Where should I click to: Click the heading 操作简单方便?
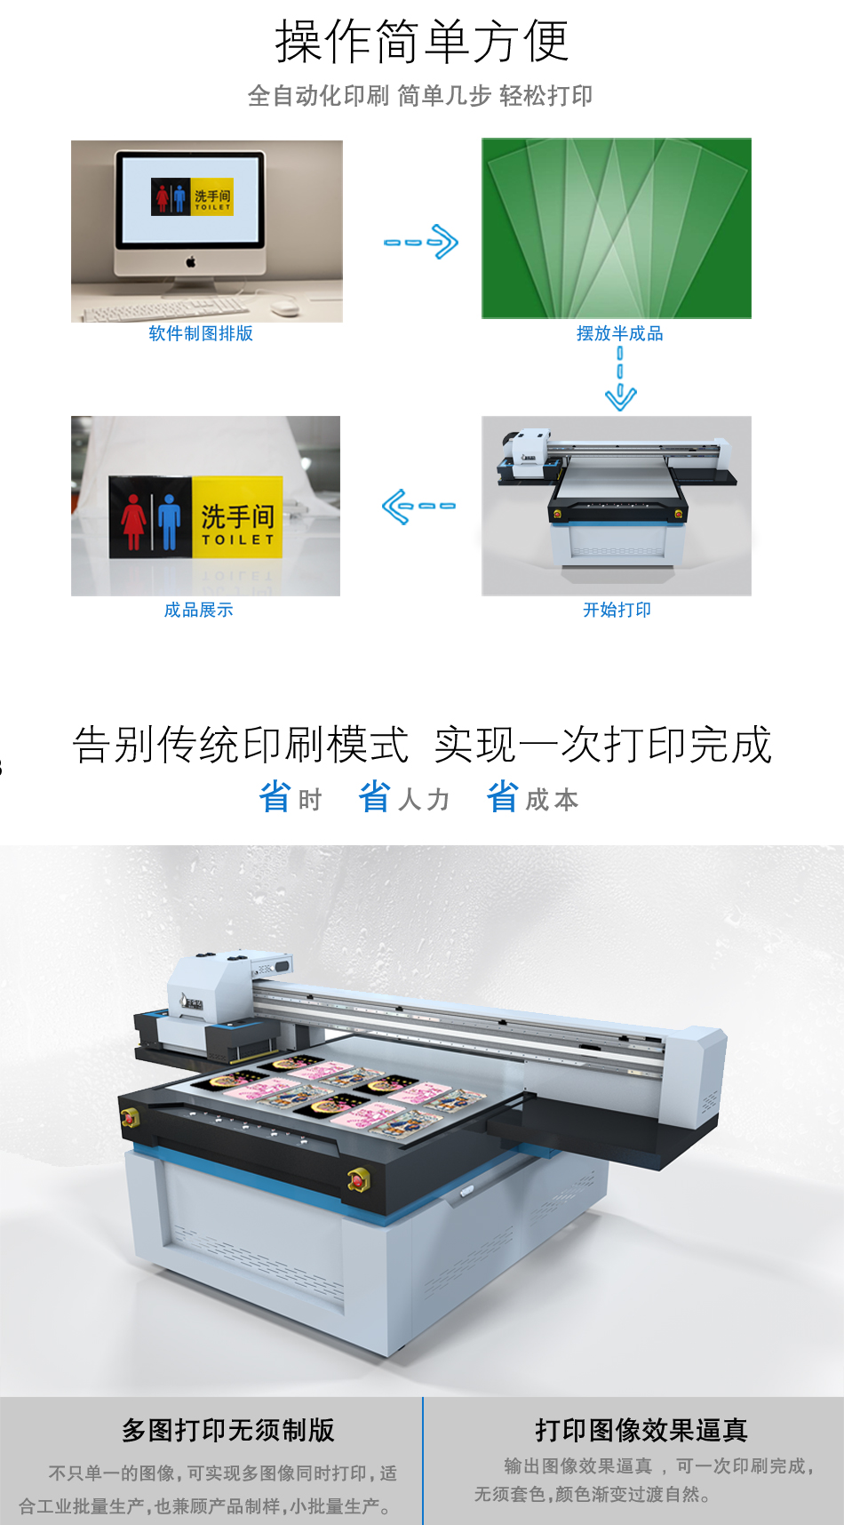pos(421,41)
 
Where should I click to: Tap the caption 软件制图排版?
pos(201,333)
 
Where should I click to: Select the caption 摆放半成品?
pos(619,333)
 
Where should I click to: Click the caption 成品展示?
pos(198,610)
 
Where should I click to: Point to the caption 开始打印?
pos(617,610)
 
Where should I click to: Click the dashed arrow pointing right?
pos(421,242)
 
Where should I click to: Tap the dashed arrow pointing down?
pos(620,379)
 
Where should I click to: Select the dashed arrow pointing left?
pos(418,507)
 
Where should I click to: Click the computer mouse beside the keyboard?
pos(284,307)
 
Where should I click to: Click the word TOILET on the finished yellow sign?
pos(237,539)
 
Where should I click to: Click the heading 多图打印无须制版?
pos(228,1430)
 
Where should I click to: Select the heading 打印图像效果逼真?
pos(641,1430)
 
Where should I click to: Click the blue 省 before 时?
pos(275,797)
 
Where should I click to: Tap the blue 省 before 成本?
pos(502,797)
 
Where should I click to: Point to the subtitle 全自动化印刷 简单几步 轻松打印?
pos(420,95)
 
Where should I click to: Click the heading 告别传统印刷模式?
pos(240,745)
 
